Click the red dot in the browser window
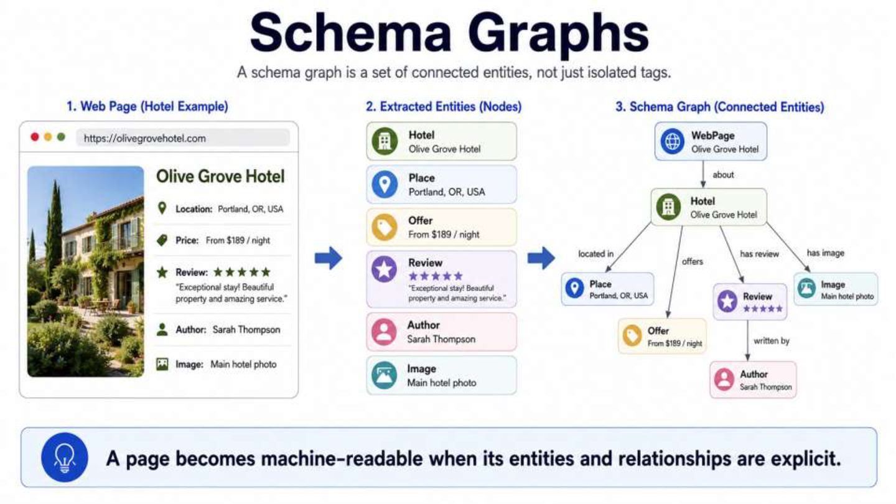(x=35, y=137)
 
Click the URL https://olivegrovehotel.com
(x=145, y=138)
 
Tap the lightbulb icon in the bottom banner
(x=65, y=457)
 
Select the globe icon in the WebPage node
(x=673, y=141)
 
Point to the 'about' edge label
(x=723, y=175)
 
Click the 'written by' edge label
(x=771, y=341)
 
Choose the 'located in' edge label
(x=595, y=254)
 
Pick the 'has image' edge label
(x=825, y=253)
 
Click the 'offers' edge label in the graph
(x=693, y=261)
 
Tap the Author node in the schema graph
(x=753, y=380)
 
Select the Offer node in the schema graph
(x=662, y=336)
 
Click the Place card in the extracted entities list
(x=441, y=184)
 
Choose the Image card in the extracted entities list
(x=441, y=375)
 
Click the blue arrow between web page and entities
(x=329, y=258)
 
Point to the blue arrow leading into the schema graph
(x=541, y=258)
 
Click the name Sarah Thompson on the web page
(x=246, y=330)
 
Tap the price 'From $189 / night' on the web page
(x=238, y=240)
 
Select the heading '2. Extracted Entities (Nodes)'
(x=444, y=106)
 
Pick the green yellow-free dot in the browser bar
(x=61, y=137)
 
